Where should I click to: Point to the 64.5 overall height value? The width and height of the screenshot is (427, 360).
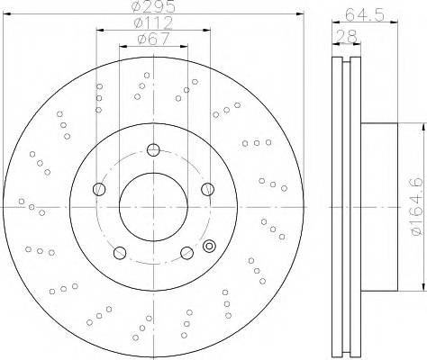click(x=364, y=13)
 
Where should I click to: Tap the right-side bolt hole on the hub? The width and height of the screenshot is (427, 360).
click(x=207, y=188)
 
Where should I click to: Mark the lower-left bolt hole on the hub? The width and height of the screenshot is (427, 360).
click(x=120, y=252)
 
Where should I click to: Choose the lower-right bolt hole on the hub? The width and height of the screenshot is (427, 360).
click(x=186, y=252)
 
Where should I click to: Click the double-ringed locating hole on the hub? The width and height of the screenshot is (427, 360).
click(x=210, y=245)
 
